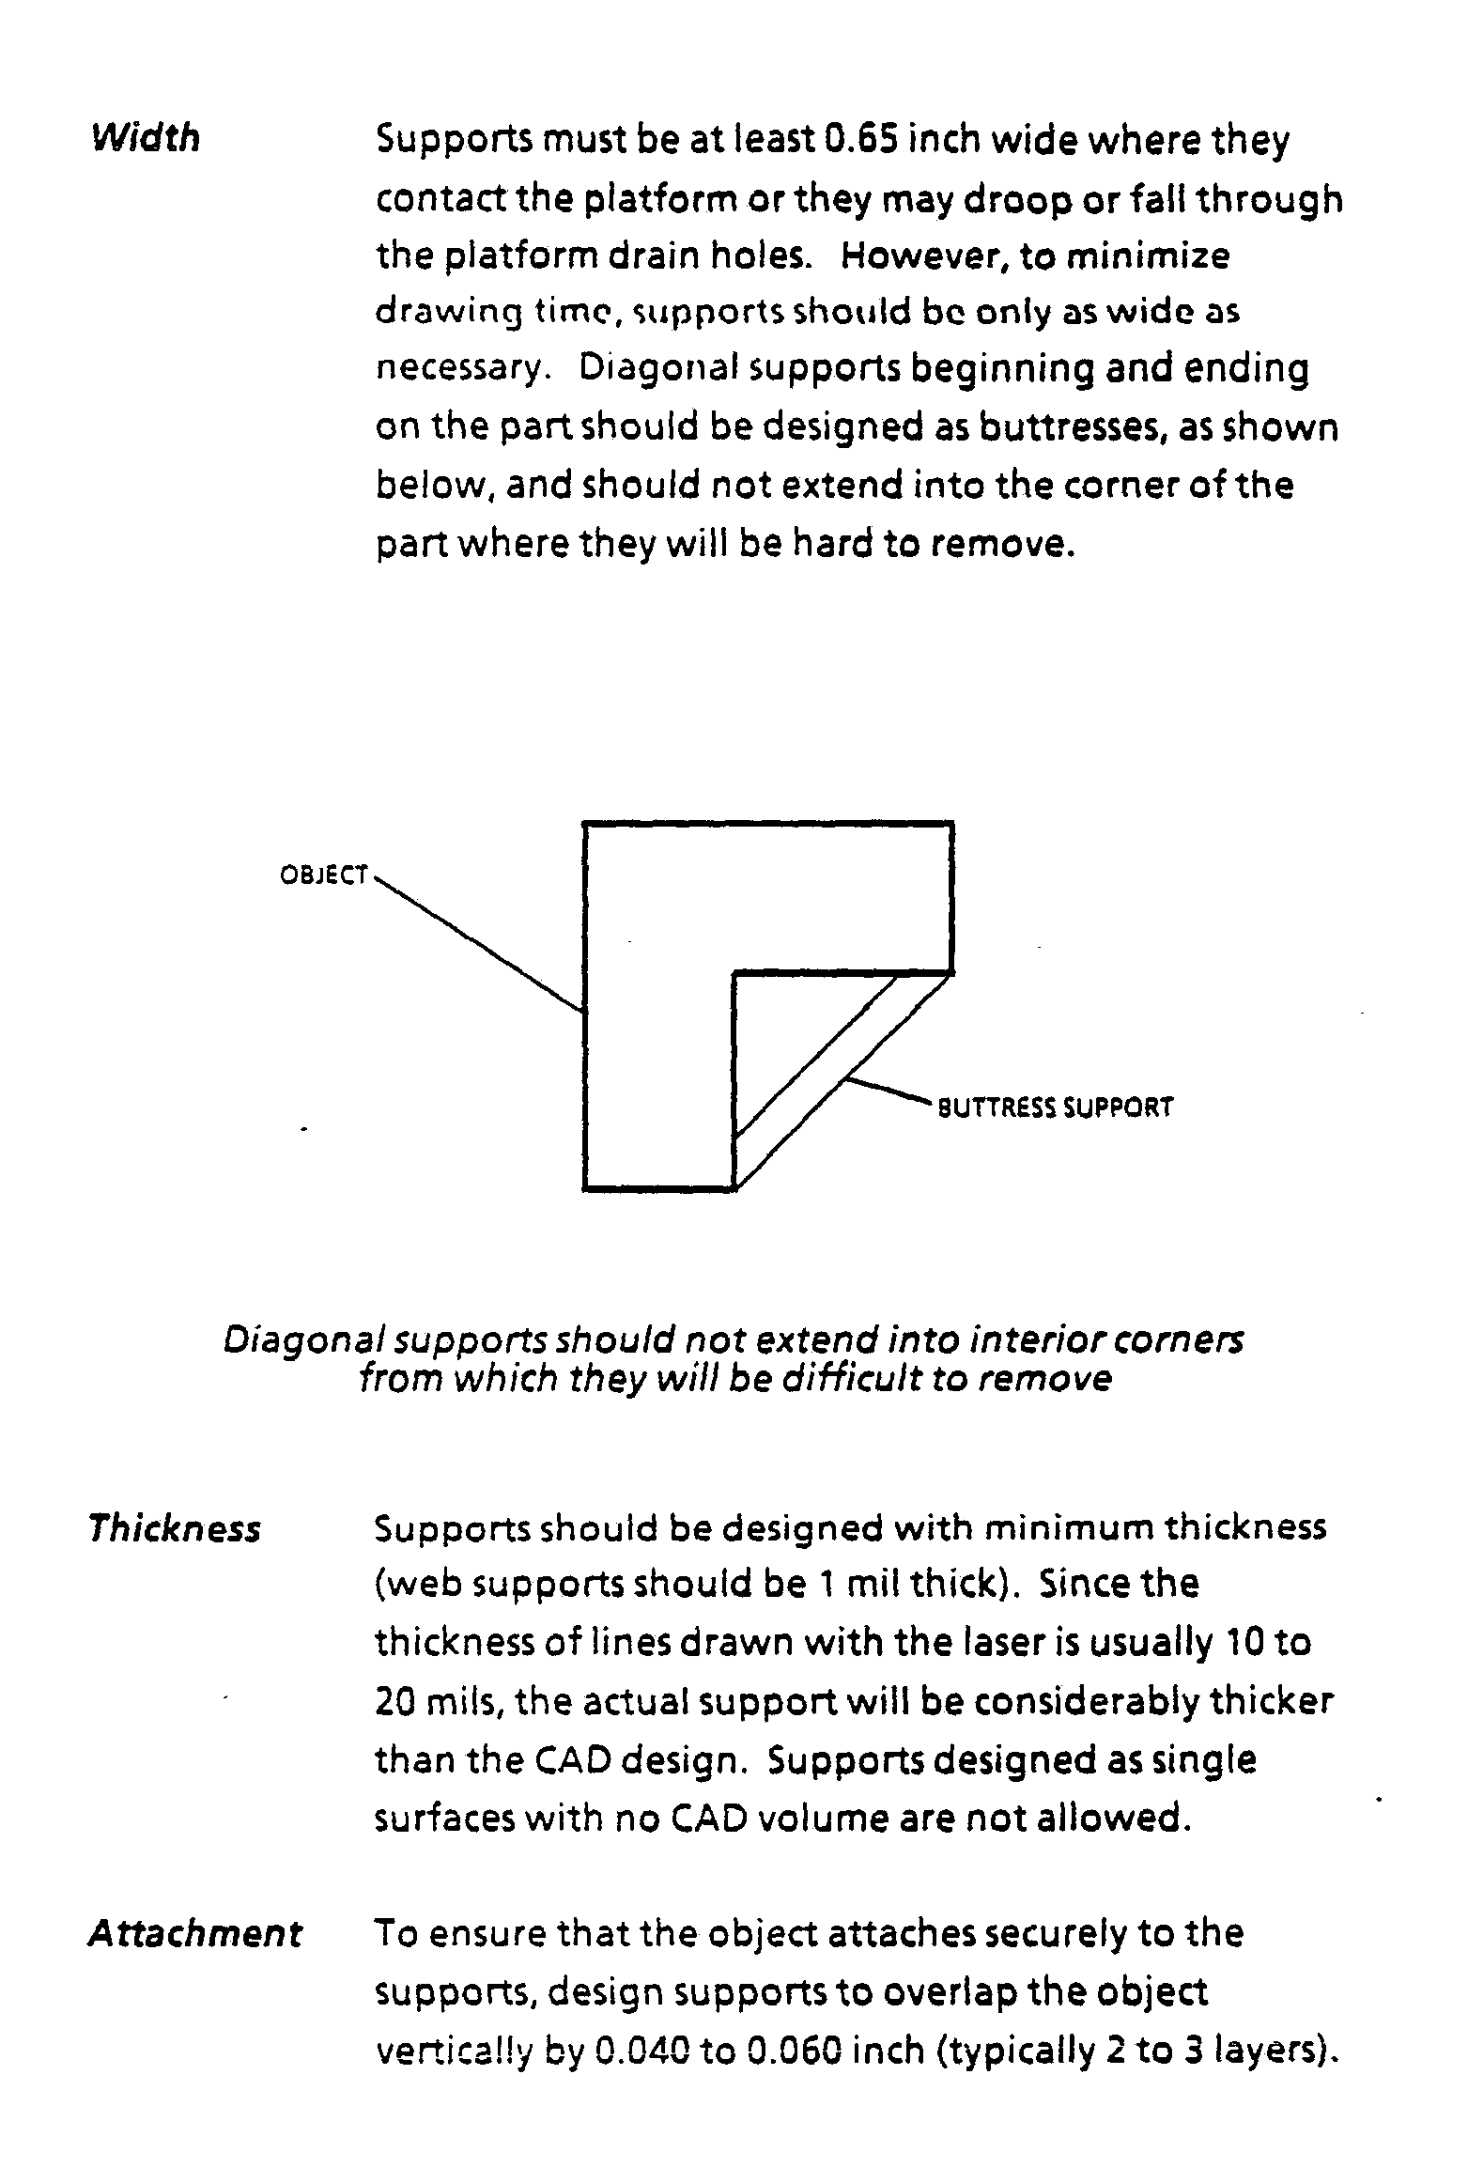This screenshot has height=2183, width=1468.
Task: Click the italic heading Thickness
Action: pos(174,1528)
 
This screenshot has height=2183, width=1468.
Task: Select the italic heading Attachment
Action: pos(194,1933)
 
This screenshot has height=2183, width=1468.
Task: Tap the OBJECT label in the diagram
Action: pos(323,875)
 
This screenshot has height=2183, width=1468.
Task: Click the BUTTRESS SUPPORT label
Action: pos(1056,1107)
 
